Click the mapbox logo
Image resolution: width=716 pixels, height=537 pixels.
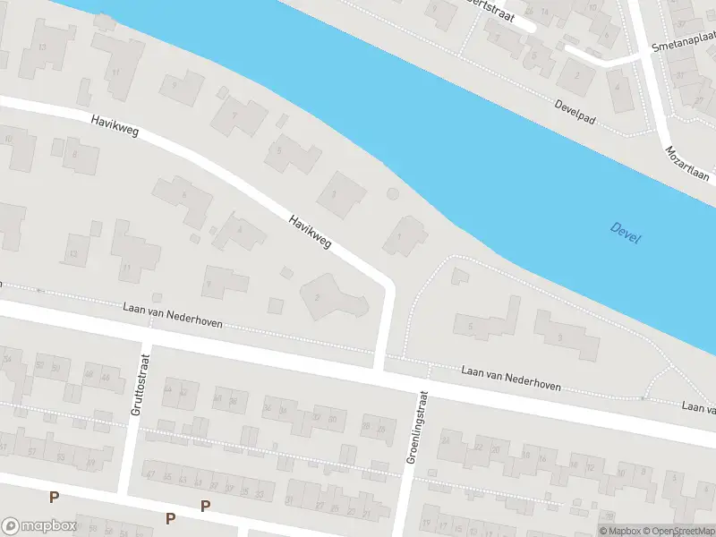coord(38,525)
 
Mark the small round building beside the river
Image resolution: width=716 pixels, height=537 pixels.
coord(392,193)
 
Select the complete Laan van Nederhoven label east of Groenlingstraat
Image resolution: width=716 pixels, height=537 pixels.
coord(511,377)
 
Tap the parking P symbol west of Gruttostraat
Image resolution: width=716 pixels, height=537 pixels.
coord(54,498)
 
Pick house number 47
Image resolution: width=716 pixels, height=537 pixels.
coord(150,474)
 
